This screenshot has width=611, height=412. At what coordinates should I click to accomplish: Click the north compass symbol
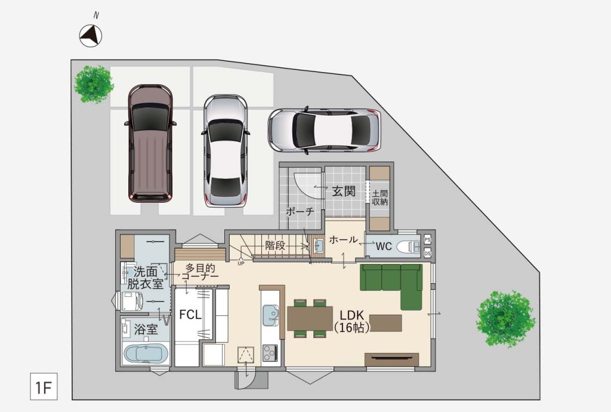coord(91,36)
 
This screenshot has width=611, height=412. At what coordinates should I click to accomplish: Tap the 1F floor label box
coord(44,387)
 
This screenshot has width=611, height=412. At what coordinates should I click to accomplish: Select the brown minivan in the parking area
coord(150,143)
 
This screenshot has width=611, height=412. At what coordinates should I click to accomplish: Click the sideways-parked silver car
coord(324,131)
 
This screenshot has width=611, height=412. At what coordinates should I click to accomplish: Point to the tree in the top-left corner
coord(94,84)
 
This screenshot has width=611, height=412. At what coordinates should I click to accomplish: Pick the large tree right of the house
coord(506,319)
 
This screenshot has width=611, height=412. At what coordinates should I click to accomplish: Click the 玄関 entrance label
coord(344,191)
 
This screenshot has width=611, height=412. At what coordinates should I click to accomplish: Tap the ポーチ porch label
coord(300,212)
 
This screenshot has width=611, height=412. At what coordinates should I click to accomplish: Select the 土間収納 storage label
coord(379,197)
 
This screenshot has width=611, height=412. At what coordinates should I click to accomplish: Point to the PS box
coord(427,240)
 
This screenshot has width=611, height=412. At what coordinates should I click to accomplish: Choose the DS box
coord(427,253)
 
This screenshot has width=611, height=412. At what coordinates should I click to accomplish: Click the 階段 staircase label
coord(275,245)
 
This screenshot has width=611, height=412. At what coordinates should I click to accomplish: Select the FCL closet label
coord(190,315)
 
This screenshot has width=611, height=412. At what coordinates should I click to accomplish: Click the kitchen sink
coord(270,315)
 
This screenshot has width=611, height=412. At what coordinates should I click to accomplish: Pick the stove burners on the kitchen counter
coord(270,353)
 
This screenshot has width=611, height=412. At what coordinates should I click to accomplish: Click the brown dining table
coord(310,318)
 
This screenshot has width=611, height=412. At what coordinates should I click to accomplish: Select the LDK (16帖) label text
coord(351,321)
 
